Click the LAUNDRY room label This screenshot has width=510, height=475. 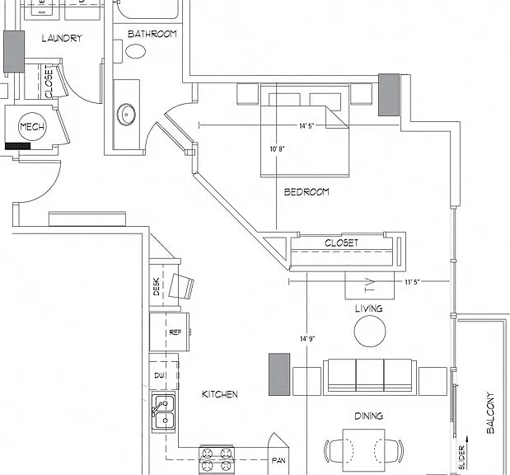tap(62, 38)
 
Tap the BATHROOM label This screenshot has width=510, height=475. tap(152, 34)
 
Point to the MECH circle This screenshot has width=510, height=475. tap(32, 126)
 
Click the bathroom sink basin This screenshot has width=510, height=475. tap(126, 115)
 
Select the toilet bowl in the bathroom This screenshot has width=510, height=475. tap(135, 51)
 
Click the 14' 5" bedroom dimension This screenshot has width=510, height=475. tap(306, 125)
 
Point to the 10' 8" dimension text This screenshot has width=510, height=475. tap(277, 148)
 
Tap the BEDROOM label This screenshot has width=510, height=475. tap(306, 192)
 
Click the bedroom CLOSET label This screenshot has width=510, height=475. tap(342, 242)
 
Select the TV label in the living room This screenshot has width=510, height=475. tap(369, 285)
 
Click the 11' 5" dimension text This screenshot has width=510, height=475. tap(412, 282)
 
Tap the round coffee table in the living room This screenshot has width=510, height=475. tap(370, 332)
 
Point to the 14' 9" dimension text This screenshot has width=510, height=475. tap(307, 339)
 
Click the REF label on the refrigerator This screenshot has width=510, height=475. tap(175, 332)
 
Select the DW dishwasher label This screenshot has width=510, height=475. tap(159, 375)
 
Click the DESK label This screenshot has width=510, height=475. tap(157, 286)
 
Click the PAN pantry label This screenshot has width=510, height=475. tap(278, 460)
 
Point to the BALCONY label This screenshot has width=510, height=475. tap(490, 412)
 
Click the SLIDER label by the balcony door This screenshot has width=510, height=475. tap(462, 458)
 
